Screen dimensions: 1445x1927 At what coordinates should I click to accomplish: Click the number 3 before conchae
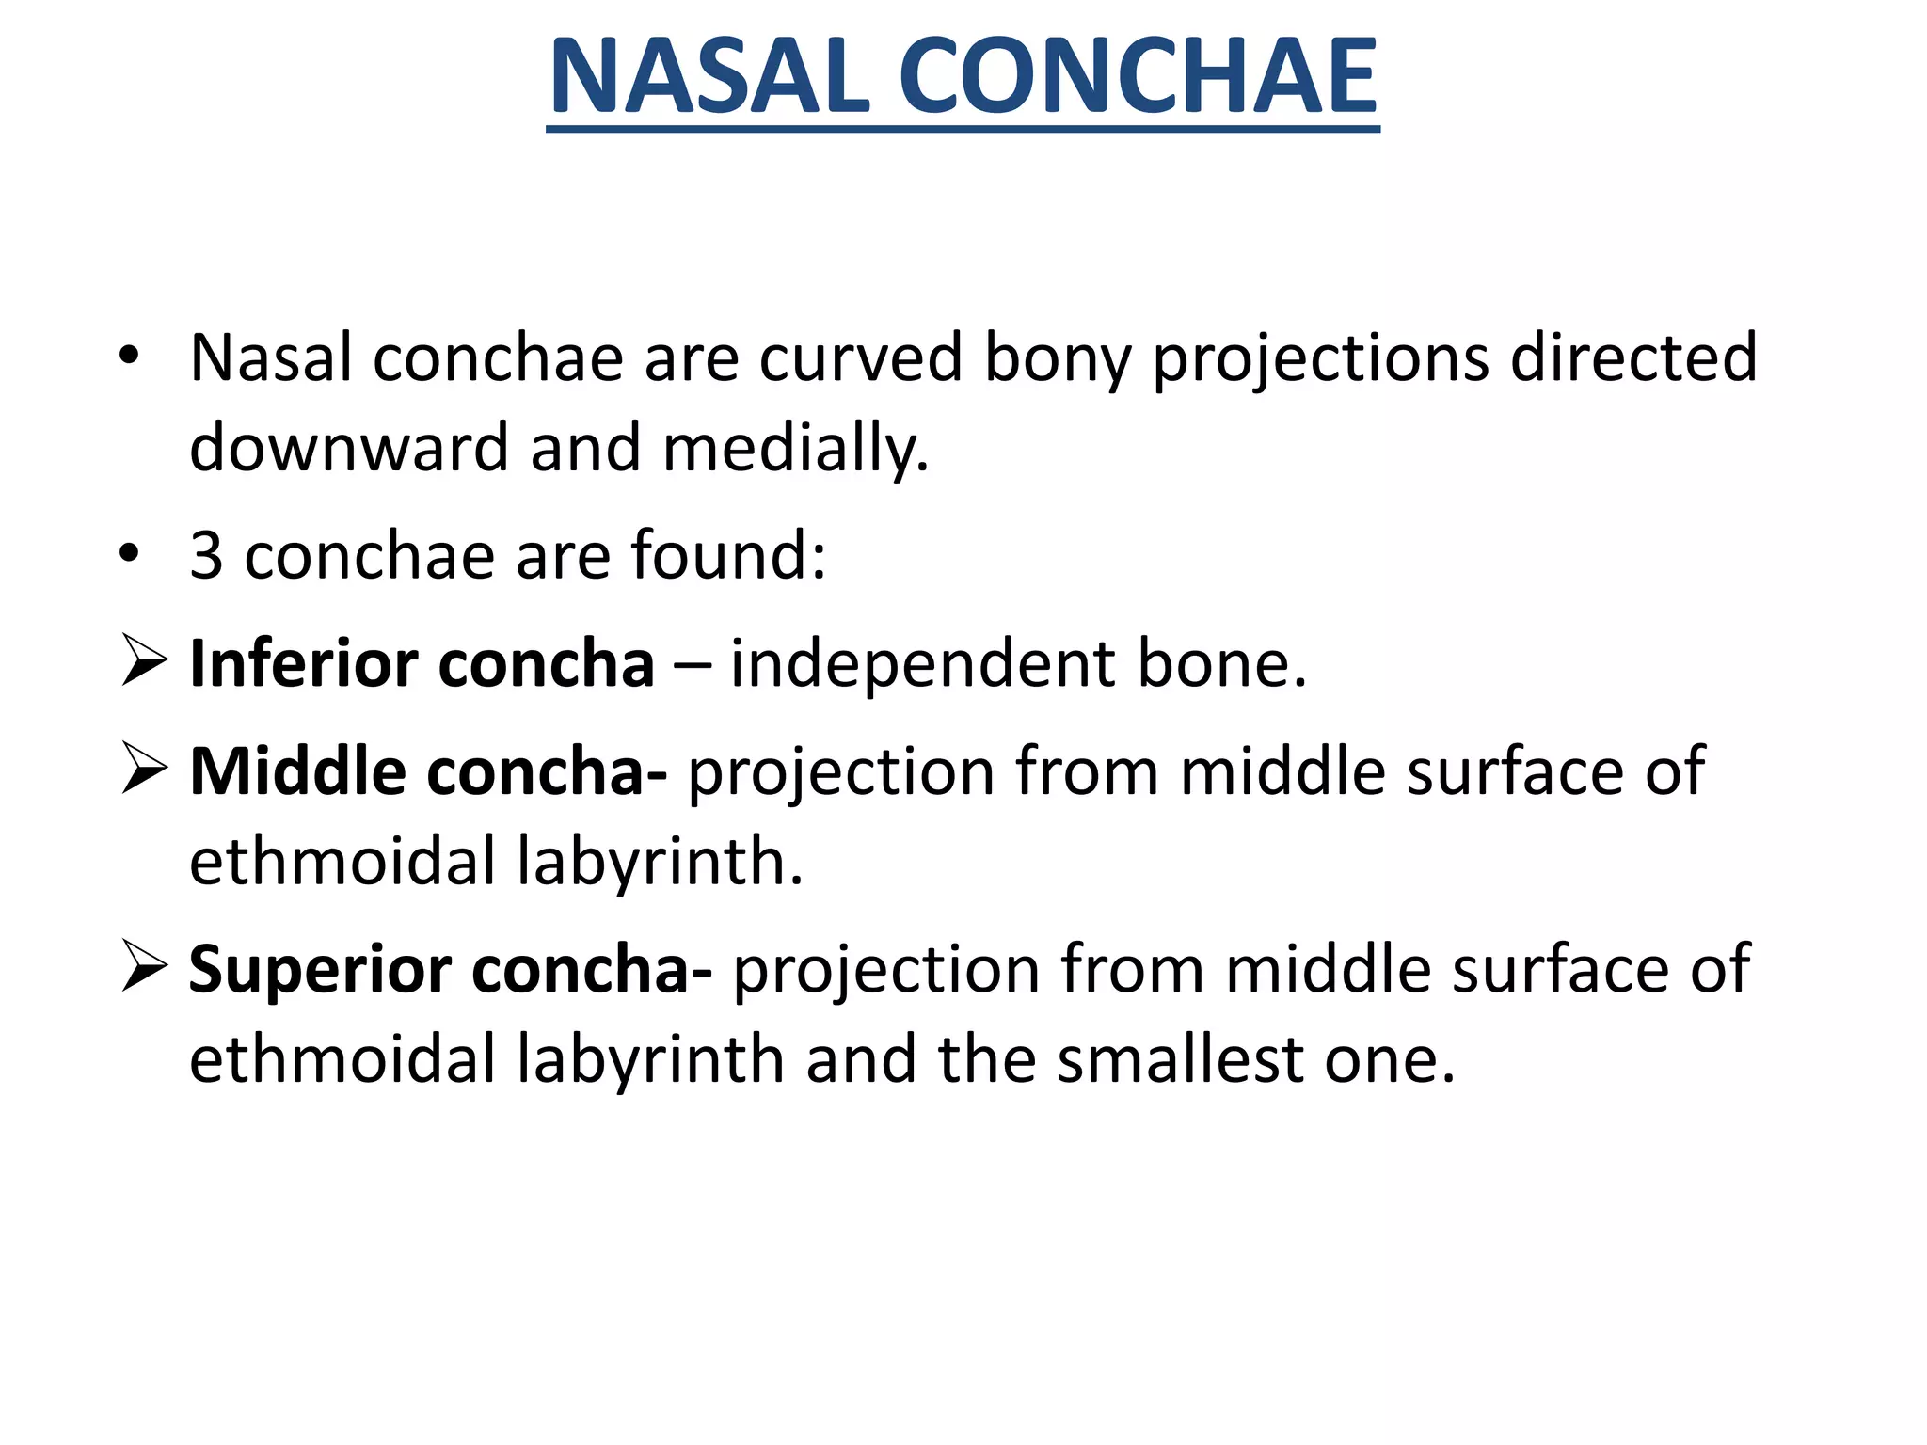(207, 556)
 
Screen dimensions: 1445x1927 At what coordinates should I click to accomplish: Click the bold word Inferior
(303, 664)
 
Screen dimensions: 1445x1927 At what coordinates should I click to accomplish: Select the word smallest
(1180, 1060)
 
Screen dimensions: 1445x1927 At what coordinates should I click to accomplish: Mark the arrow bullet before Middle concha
(144, 769)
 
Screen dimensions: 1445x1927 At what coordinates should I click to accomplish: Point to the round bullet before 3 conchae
(130, 555)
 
